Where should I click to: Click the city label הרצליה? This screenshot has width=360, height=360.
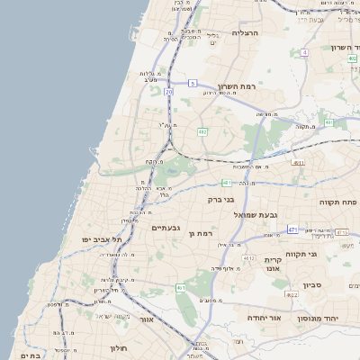click(245, 32)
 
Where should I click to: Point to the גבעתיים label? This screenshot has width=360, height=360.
click(166, 228)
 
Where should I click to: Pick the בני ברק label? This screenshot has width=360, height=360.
click(220, 199)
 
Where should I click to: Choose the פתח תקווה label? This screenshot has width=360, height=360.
click(337, 202)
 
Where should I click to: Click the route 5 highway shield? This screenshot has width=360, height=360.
click(192, 83)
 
